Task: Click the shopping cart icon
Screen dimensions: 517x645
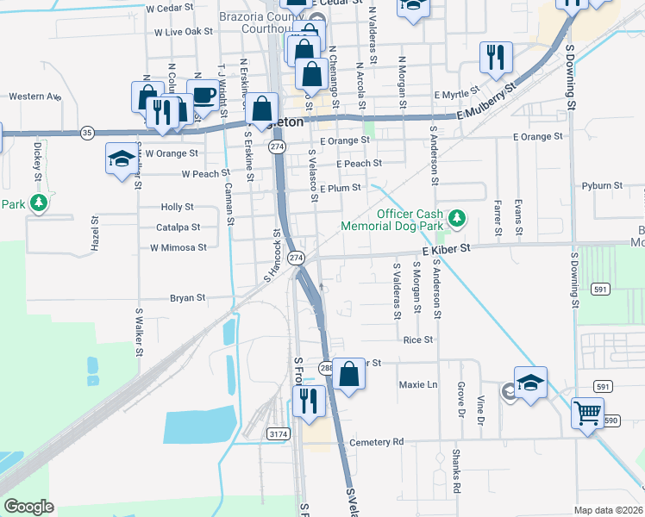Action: [x=587, y=413]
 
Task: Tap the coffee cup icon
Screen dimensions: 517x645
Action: [x=203, y=95]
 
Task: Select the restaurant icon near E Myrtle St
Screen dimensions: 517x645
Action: [x=496, y=57]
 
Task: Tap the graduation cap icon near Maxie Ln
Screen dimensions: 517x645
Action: [x=530, y=383]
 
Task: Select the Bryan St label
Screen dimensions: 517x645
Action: [x=187, y=298]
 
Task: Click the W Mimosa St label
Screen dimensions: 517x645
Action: [x=178, y=247]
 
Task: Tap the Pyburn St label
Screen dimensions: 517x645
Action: [x=602, y=185]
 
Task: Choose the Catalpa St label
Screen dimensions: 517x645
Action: [x=178, y=227]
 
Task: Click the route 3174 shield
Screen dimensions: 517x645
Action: [x=278, y=433]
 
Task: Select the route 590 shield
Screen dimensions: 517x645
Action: [x=611, y=420]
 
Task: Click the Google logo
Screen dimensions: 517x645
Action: [x=28, y=507]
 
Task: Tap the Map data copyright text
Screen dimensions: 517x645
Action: [x=608, y=510]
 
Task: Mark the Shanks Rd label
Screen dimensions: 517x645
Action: [x=455, y=470]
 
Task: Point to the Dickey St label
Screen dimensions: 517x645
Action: [x=38, y=157]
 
